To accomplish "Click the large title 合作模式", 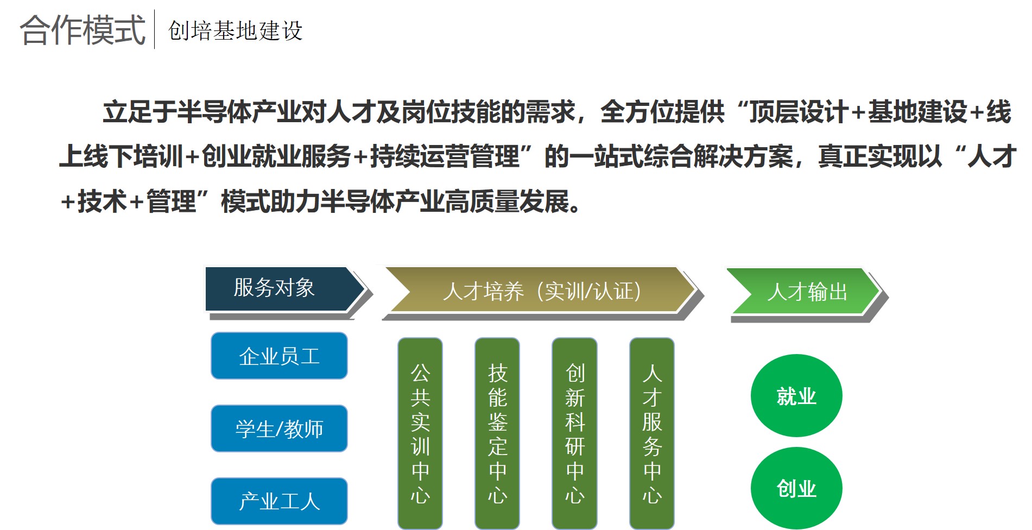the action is click(x=83, y=30).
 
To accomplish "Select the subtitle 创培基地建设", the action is click(x=235, y=30).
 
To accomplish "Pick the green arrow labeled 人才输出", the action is click(x=806, y=292).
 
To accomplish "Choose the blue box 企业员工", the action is click(x=279, y=356).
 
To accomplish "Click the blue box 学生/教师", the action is click(x=279, y=428).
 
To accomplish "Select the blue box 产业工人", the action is click(x=279, y=501).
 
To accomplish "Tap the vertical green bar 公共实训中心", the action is click(x=420, y=433).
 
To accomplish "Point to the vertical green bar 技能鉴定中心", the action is click(x=497, y=433).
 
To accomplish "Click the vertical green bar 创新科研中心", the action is click(x=574, y=433).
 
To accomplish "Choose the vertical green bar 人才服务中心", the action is click(x=652, y=433).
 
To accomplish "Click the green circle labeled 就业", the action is click(x=796, y=396).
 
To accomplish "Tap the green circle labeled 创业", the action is click(x=796, y=488).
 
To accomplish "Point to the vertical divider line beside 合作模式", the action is click(x=155, y=29).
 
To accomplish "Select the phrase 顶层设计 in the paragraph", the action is click(x=799, y=112).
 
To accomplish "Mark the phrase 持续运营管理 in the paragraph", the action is click(x=445, y=157).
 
